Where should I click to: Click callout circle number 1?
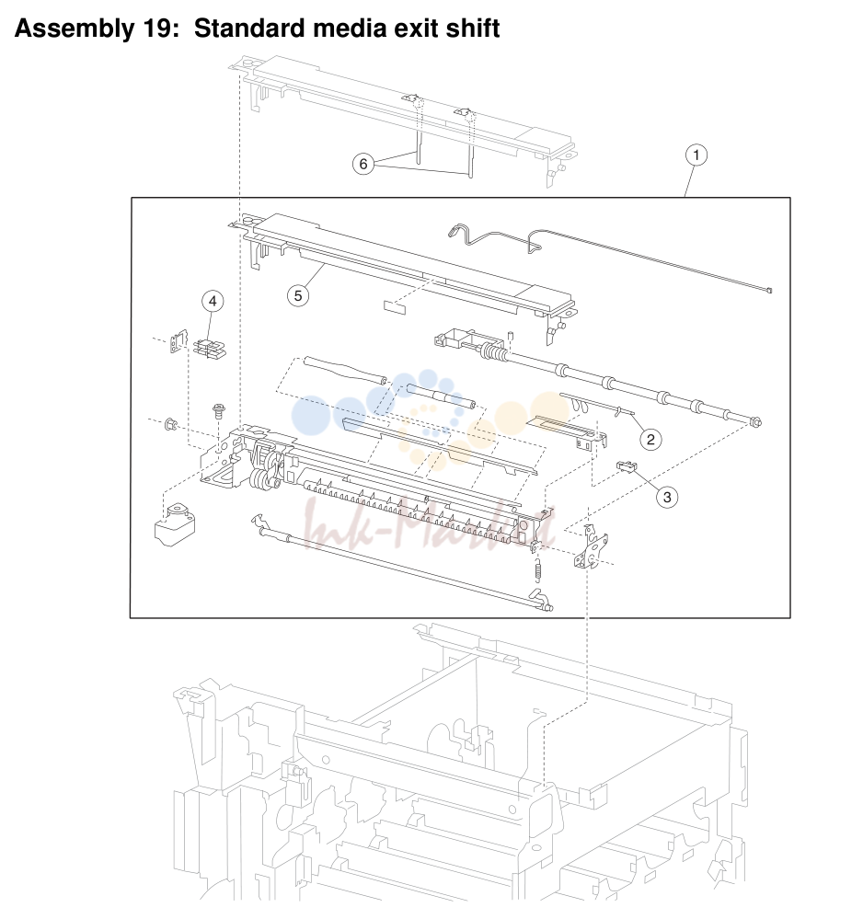[696, 155]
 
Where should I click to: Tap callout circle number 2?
[650, 439]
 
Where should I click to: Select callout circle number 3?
[667, 497]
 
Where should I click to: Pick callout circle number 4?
[213, 301]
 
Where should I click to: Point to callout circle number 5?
[298, 295]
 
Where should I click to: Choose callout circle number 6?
[363, 164]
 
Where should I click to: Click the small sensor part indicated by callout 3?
[627, 466]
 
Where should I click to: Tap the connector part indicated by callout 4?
[209, 350]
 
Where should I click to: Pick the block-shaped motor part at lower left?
[174, 524]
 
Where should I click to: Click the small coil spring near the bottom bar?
[538, 569]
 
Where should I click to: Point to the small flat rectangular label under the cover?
[395, 307]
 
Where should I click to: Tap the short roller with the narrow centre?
[441, 395]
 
